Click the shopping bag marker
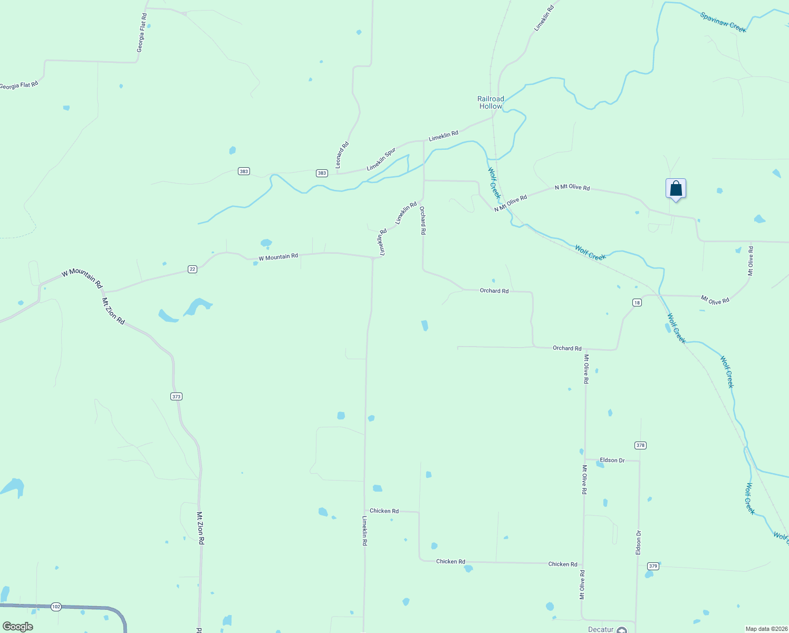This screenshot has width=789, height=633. click(676, 189)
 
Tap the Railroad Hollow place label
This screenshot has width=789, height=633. click(490, 102)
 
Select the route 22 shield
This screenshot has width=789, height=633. click(193, 269)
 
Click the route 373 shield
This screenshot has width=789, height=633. click(177, 396)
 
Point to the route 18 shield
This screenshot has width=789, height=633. click(637, 302)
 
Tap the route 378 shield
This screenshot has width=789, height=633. click(640, 445)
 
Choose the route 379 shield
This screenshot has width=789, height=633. click(653, 566)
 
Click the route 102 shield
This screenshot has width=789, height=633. click(56, 607)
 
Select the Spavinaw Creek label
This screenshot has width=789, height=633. click(723, 22)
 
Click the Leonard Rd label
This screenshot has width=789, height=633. click(342, 155)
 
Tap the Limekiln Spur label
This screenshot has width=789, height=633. click(381, 159)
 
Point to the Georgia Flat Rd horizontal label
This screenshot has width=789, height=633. click(19, 85)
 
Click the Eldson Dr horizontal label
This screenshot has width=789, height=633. click(612, 460)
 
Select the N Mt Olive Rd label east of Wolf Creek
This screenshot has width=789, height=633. click(572, 187)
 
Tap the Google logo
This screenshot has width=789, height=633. click(18, 627)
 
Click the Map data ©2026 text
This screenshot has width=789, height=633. click(765, 629)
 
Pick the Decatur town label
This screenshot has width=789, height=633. click(601, 629)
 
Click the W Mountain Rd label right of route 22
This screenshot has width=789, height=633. click(278, 257)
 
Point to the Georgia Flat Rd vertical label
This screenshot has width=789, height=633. click(141, 33)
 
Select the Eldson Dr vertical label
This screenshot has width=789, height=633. click(638, 542)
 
